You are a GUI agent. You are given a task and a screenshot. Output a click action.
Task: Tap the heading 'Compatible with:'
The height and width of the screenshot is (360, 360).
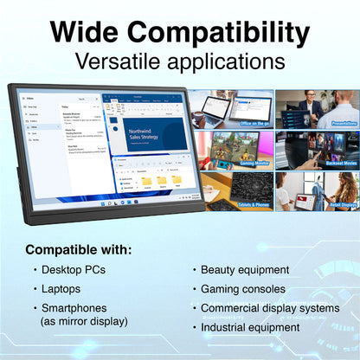coord(79,249)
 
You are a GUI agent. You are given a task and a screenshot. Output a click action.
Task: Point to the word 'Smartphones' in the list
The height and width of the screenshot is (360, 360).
coord(76,308)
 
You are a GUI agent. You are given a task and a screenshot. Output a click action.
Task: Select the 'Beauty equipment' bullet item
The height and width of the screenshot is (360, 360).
coord(246,270)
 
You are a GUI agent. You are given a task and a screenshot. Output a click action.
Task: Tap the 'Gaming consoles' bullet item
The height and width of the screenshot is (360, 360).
coord(242,288)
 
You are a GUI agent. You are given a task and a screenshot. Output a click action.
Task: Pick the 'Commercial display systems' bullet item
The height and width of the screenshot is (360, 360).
coord(269,308)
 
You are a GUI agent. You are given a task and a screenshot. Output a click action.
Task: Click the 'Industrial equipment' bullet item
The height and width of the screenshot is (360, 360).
coord(250,327)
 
